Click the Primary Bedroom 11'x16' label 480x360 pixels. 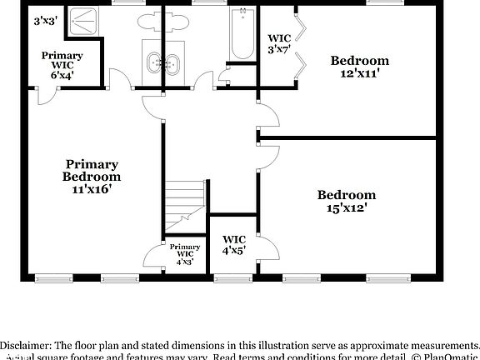click(x=92, y=176)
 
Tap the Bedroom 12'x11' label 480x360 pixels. click(x=360, y=67)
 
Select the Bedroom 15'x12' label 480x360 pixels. click(x=346, y=202)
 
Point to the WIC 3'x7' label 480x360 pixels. click(x=278, y=44)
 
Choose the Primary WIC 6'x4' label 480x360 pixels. click(x=62, y=65)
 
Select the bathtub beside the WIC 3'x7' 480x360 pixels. click(x=242, y=34)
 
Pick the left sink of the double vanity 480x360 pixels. click(x=153, y=62)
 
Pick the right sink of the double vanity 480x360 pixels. click(x=173, y=62)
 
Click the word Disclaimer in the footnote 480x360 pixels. click(x=26, y=345)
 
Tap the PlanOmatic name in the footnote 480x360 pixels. click(x=451, y=357)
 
